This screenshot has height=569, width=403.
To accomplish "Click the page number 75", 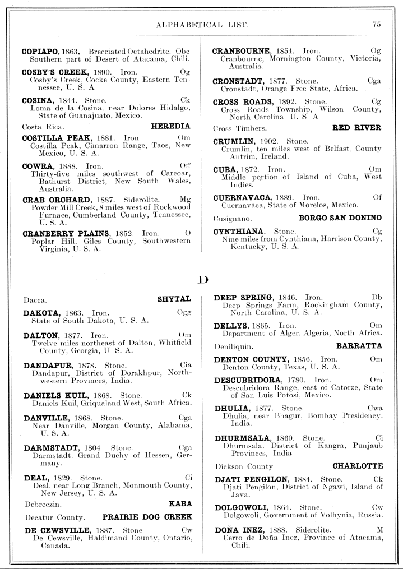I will click(376, 24).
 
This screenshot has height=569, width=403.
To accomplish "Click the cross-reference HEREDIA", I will click(171, 126).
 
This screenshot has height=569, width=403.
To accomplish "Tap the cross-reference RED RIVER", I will click(358, 128).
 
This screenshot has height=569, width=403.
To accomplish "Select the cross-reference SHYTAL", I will click(175, 299).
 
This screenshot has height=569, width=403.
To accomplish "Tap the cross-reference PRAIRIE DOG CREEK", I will click(147, 517).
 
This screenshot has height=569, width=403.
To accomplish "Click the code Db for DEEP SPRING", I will click(376, 297).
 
